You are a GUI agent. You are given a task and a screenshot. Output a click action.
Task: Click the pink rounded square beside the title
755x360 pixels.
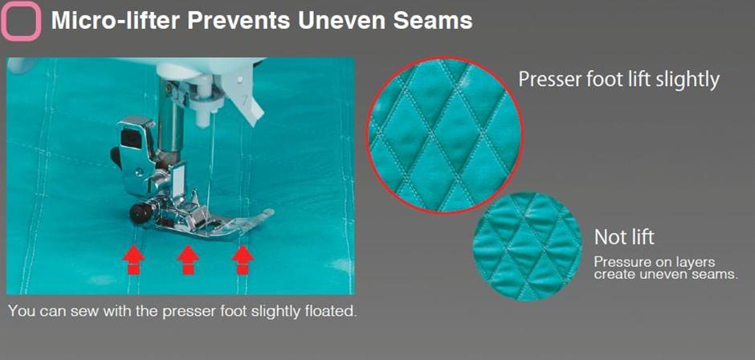pos(21,21)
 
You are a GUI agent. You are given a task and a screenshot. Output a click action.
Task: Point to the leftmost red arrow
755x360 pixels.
pos(134,260)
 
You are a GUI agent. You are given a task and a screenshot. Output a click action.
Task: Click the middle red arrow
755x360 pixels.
pos(188,260)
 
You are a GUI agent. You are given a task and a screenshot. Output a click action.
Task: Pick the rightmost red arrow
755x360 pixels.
pos(243,260)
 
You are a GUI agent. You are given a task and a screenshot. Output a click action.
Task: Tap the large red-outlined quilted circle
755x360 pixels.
pos(445,135)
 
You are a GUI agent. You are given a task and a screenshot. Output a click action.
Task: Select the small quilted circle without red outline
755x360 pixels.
pos(528,247)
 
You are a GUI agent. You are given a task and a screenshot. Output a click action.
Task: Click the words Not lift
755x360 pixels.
pos(624,238)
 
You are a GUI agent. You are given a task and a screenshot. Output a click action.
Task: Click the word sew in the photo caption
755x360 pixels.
pos(83,311)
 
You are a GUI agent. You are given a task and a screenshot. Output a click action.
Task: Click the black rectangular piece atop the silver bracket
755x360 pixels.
pos(130,137)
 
